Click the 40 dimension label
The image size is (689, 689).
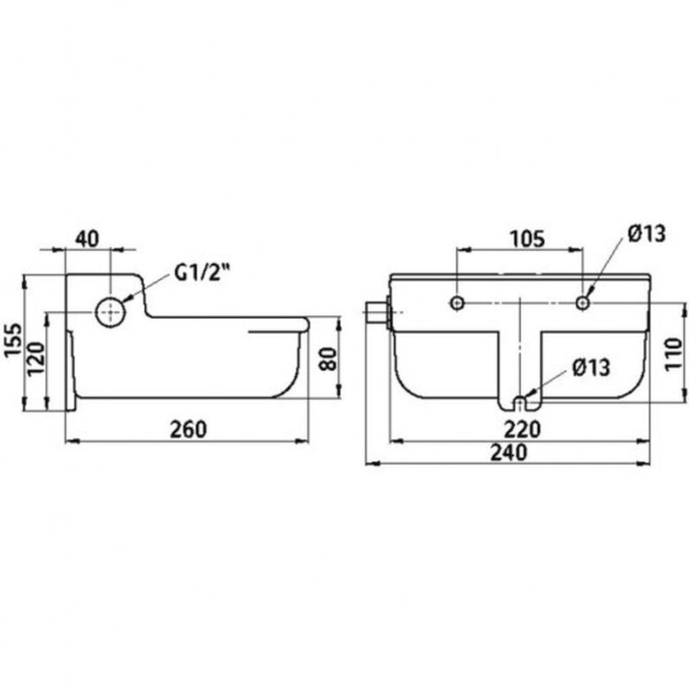87,238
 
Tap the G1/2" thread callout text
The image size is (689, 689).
202,273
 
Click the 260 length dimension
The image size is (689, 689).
188,429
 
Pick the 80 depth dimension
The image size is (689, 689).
328,359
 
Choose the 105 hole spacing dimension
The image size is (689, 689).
527,239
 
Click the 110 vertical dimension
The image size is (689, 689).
673,354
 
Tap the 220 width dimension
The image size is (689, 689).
521,429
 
